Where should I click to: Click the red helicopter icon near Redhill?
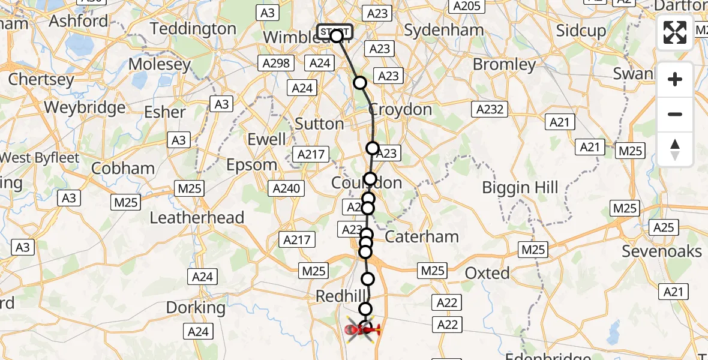364,329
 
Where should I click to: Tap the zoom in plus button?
675,79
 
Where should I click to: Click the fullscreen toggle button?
675,32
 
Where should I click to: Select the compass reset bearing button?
675,149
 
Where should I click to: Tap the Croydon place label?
400,110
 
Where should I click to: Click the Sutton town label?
319,124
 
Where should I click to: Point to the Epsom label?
252,165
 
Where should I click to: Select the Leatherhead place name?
197,217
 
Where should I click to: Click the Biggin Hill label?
520,188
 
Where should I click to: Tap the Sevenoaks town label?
662,251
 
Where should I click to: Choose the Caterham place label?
422,236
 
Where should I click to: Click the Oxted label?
487,274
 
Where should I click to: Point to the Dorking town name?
196,308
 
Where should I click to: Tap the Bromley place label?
504,65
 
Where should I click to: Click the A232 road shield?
490,109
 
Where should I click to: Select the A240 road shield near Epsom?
286,188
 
